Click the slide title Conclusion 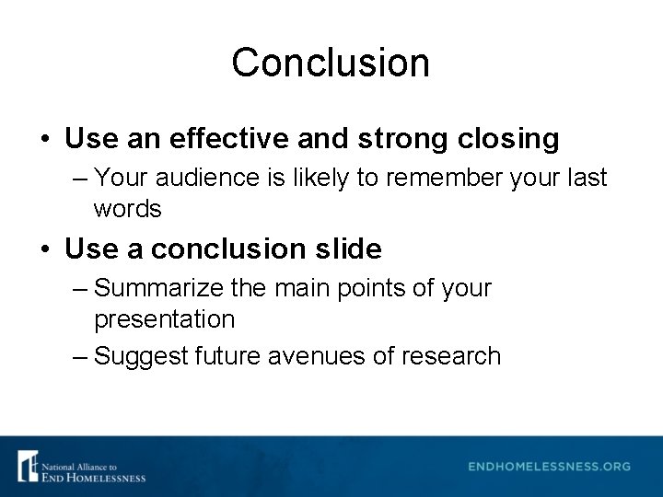click(x=331, y=63)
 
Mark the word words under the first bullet click(x=127, y=209)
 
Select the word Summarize click(x=158, y=288)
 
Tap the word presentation click(x=164, y=319)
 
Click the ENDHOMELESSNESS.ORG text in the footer click(x=549, y=467)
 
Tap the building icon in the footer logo click(x=28, y=466)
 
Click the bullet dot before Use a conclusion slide click(x=45, y=249)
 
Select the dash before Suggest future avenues click(x=80, y=356)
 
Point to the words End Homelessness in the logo click(x=93, y=477)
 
